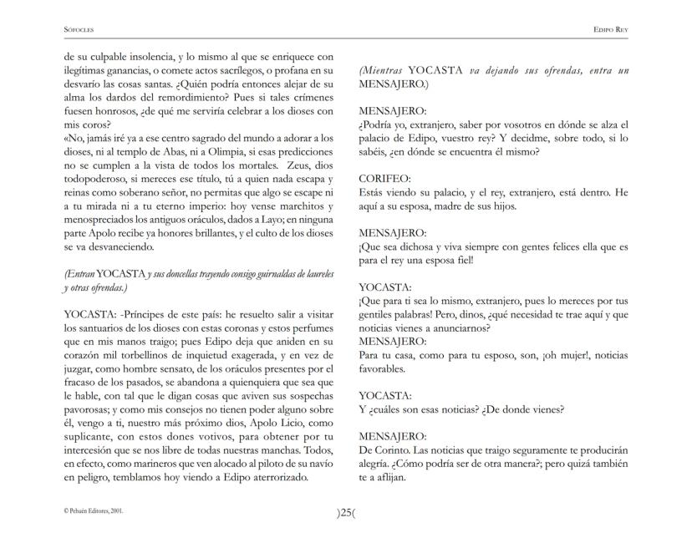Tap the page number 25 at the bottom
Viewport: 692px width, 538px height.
(346, 513)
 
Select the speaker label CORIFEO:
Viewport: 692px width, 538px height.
(384, 178)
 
